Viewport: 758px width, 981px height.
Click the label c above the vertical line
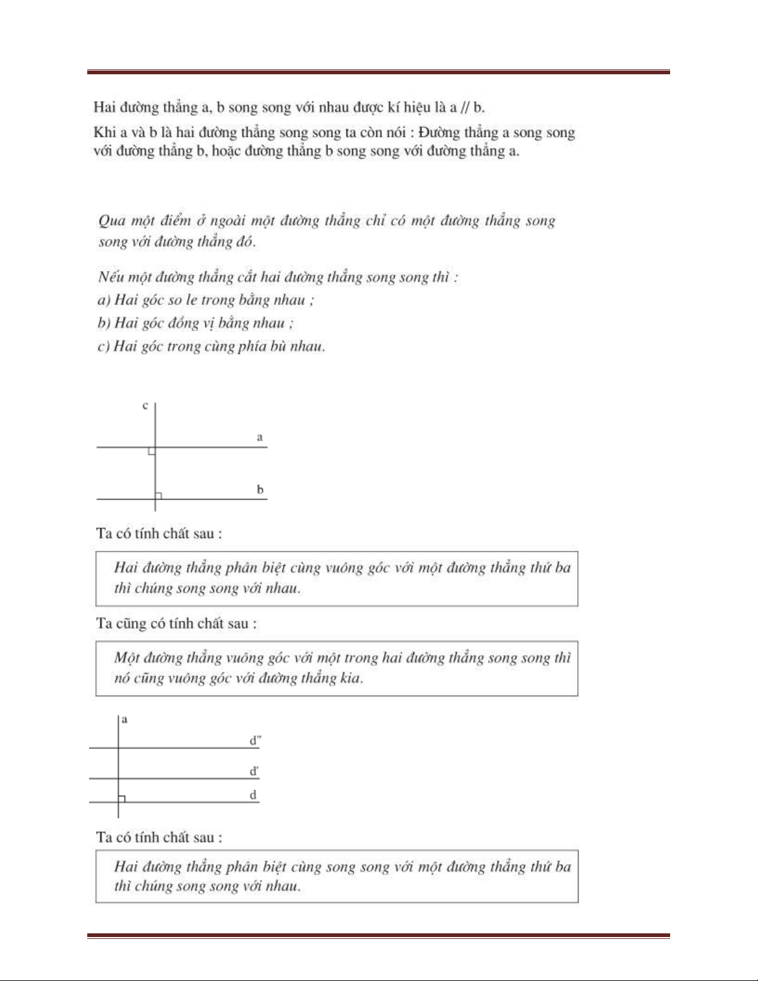145,406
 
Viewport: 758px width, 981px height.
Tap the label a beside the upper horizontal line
260,437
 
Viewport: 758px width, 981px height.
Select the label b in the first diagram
260,490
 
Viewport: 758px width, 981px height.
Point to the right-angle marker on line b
158,495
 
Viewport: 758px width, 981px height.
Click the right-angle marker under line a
152,451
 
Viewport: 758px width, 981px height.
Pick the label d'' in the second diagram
255,740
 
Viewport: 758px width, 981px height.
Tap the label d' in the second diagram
254,771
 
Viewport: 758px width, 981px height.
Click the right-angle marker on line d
122,798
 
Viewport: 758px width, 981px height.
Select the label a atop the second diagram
124,719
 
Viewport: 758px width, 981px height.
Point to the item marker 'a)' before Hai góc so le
104,300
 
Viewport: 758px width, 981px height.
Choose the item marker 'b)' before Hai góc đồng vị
104,323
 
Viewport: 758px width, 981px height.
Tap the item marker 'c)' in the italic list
103,346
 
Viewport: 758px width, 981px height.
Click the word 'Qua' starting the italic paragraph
111,221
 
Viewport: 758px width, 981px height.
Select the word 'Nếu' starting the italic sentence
110,277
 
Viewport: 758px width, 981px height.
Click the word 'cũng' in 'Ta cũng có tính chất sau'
128,623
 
